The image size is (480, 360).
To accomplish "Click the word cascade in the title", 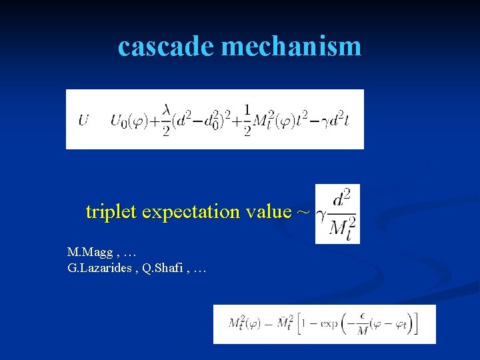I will (166, 46).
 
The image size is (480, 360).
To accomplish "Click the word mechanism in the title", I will (291, 46).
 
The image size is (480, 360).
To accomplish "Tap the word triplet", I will (111, 212).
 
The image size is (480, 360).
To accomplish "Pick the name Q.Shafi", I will (163, 268).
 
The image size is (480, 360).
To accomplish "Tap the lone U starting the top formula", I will (83, 120).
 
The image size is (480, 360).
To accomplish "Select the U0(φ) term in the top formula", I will (131, 121).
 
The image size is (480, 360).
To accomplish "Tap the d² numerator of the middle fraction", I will (342, 199).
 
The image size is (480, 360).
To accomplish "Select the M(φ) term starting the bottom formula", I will (246, 325).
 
